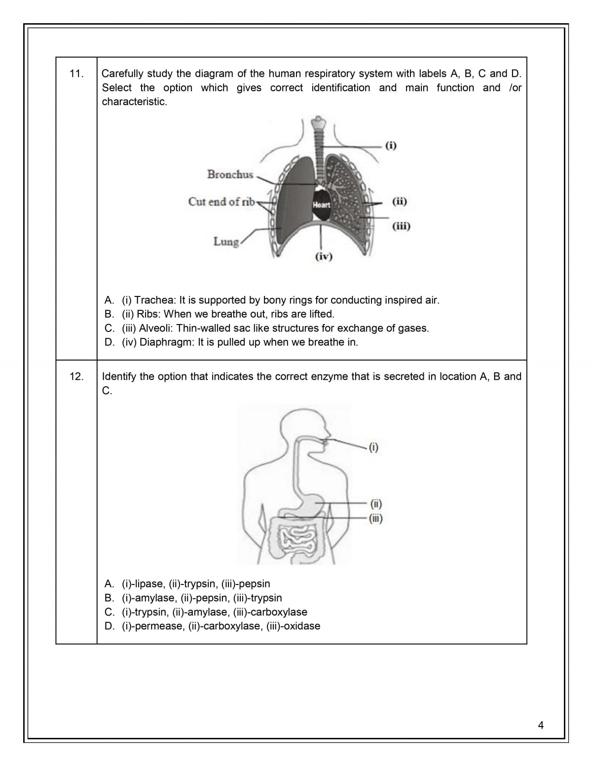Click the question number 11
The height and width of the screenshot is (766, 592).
(76, 74)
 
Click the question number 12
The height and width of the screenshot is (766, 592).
(76, 377)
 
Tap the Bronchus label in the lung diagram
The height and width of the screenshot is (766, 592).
(230, 174)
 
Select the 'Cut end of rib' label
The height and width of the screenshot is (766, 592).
(222, 202)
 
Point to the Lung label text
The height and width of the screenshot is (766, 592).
(226, 242)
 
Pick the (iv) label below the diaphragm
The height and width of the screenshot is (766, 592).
(324, 256)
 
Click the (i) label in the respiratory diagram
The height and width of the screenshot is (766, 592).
(391, 146)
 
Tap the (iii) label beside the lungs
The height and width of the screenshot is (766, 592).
(401, 226)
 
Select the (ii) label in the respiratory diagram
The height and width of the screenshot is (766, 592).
(400, 201)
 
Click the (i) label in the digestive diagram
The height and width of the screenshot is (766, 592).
(373, 448)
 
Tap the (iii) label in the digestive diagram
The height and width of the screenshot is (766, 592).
(375, 518)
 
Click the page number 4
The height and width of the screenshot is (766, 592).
(541, 725)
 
